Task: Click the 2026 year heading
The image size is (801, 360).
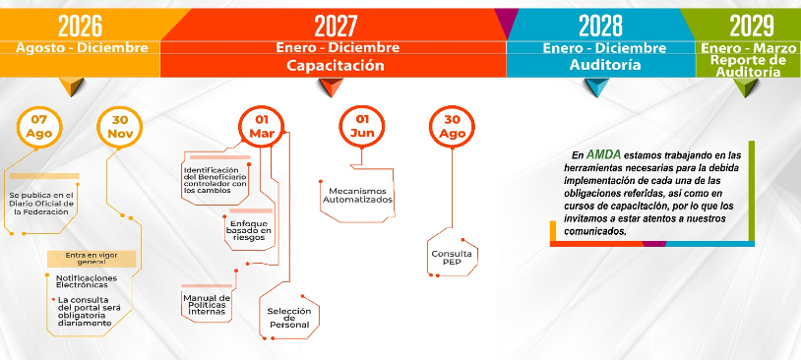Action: pos(80,26)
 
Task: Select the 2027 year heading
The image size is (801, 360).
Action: pos(336,26)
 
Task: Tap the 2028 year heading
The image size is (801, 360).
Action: pos(600,26)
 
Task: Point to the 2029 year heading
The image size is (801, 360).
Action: pos(751,26)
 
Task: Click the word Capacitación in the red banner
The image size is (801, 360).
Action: pos(335,65)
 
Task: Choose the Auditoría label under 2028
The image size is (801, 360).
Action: pos(605,65)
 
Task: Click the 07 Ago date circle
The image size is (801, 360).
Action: pos(39,127)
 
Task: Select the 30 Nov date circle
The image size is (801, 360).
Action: pos(119,127)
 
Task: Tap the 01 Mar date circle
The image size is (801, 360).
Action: pos(262,127)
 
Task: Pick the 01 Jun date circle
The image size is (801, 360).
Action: pos(362,127)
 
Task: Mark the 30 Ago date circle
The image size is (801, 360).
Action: pos(452,127)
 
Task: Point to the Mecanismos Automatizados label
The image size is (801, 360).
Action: pos(357,195)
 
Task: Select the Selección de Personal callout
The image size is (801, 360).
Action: pos(289,318)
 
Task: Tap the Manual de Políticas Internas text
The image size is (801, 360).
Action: pos(207,305)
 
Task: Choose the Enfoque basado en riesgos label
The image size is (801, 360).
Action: pos(249,230)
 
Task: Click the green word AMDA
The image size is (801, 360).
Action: pos(603,154)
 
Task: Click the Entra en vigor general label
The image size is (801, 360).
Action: pos(92,258)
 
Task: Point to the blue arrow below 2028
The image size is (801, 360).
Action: pos(596,88)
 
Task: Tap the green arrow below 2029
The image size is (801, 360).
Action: pos(745,88)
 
